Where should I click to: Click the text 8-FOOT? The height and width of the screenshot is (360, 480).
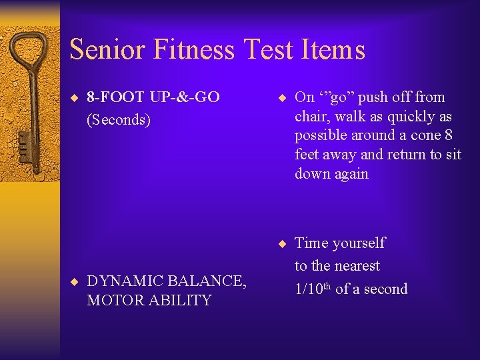point(116,97)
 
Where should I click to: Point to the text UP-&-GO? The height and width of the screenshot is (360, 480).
point(185,97)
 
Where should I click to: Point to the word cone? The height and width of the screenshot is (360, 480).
point(427,135)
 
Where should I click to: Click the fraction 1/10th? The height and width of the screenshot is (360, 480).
point(313,289)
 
